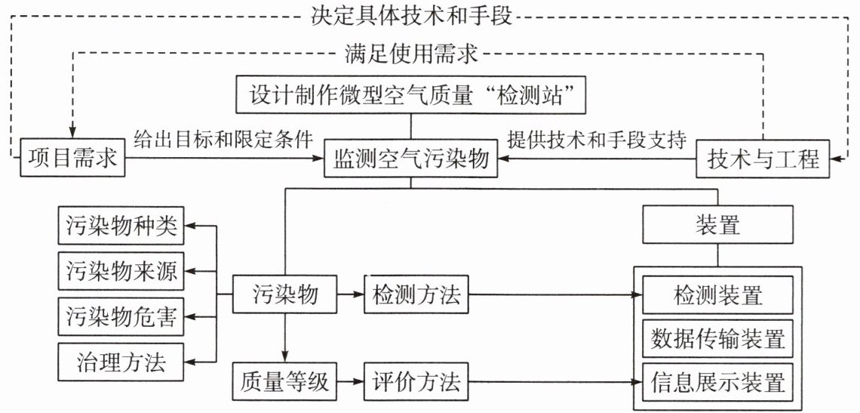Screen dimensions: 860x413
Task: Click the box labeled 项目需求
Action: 72,159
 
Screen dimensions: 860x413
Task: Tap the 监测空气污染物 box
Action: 411,159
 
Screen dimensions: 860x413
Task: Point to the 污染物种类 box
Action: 121,225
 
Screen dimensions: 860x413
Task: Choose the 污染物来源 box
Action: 121,271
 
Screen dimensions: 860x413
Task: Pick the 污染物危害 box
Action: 121,317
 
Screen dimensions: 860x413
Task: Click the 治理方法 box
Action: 121,362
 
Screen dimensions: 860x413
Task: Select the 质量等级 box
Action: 284,380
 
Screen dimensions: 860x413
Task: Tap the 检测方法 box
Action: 416,295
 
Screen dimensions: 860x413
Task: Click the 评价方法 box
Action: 416,380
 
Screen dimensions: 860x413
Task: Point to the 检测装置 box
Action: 718,295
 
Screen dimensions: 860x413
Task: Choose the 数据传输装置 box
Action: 718,338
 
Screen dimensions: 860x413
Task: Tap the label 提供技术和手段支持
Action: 597,140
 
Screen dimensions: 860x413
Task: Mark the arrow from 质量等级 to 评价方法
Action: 350,380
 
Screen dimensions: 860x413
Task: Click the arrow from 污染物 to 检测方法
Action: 350,295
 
